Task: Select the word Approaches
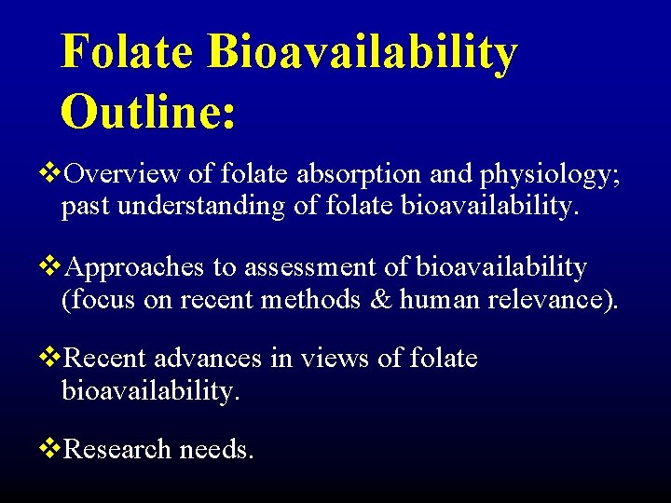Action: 137,268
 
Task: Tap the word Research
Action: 119,449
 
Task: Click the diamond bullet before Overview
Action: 51,173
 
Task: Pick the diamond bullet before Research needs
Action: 51,449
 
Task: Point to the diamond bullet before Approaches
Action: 51,268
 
